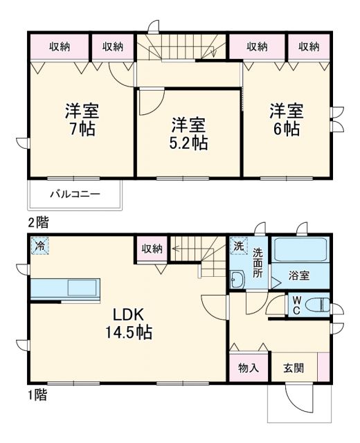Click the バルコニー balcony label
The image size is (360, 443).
pos(74,195)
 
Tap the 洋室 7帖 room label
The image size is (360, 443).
pos(81,119)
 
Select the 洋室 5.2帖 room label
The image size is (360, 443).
pos(189,134)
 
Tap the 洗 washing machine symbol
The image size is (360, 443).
pos(237,246)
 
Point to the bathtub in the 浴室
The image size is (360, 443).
pos(301,250)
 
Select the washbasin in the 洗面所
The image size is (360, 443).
pos(237,280)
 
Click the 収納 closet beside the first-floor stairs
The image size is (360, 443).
pos(152,249)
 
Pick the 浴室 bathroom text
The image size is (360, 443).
pos(299,275)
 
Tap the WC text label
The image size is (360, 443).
pos(296,305)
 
